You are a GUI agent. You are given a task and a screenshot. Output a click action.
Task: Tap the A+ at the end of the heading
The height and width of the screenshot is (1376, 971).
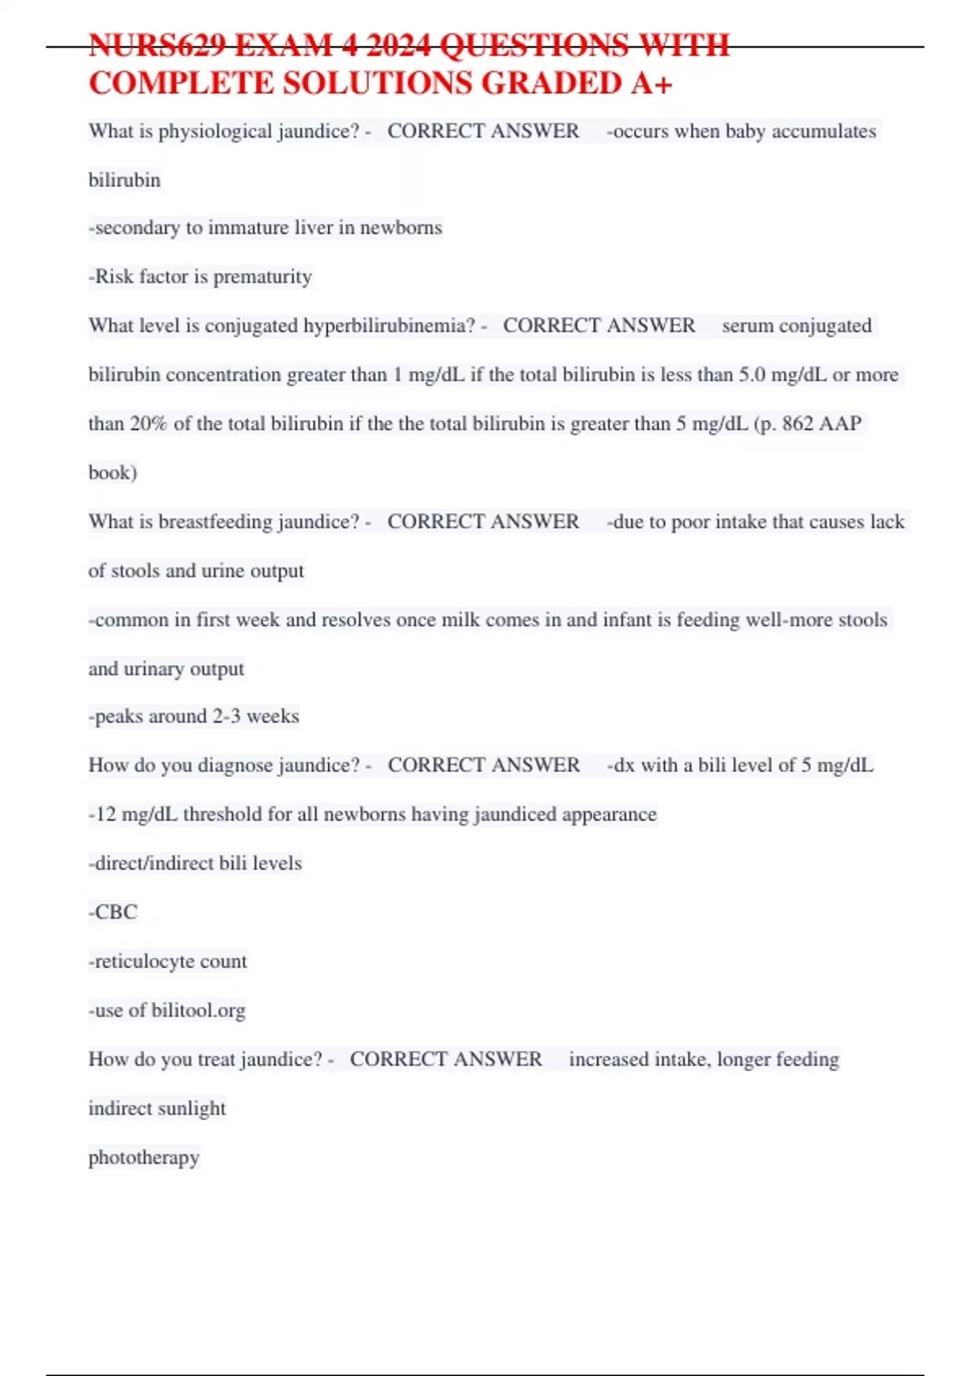click(651, 83)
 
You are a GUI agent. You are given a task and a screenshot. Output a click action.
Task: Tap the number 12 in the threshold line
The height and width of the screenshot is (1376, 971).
click(106, 814)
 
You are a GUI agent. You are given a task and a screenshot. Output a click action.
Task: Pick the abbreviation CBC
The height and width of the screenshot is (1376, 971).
click(116, 912)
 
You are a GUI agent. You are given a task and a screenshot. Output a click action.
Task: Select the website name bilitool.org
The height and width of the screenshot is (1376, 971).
click(198, 1010)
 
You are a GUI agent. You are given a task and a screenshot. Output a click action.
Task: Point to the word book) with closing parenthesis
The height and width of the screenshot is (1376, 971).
click(112, 473)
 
